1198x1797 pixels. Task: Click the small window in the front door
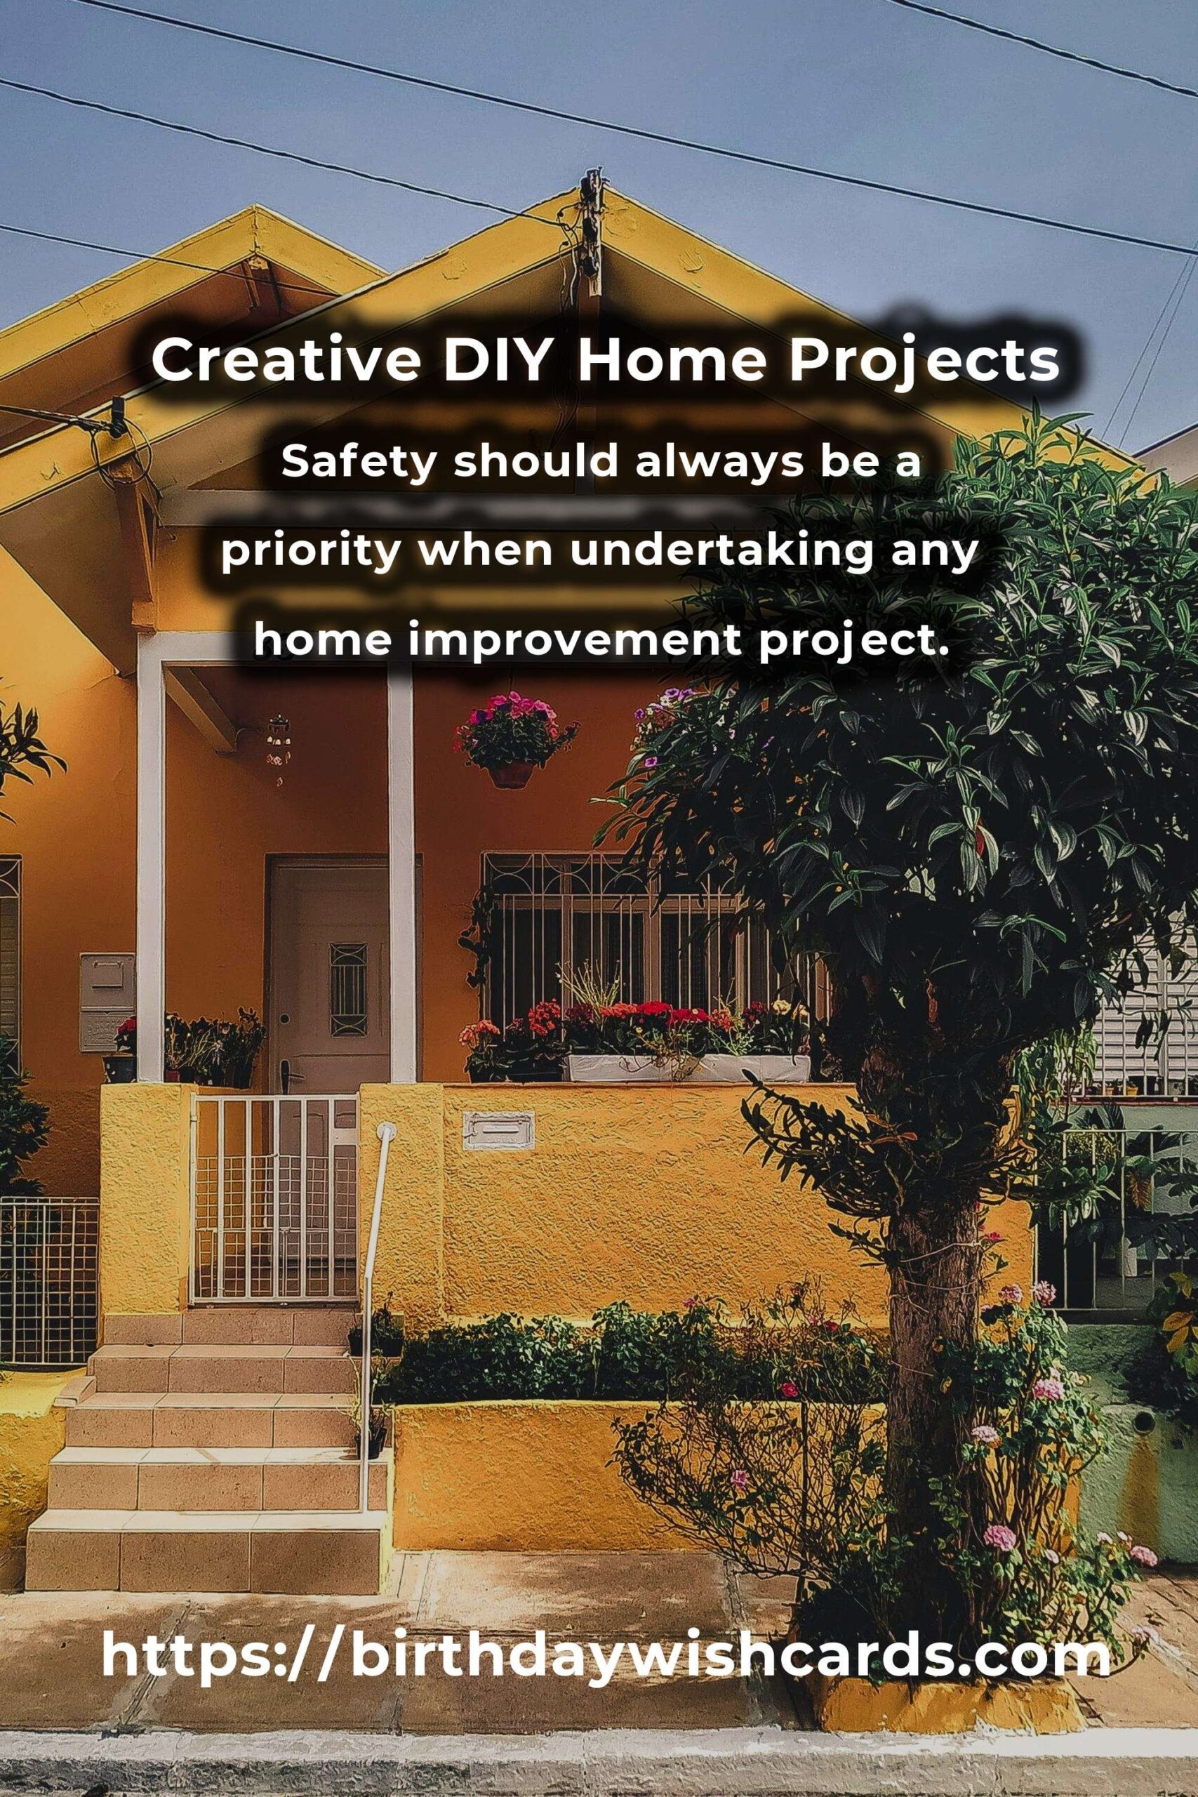(x=348, y=990)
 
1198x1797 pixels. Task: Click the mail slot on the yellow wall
(x=498, y=1131)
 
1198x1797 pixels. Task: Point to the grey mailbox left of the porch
(x=107, y=1002)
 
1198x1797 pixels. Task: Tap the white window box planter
(x=688, y=1068)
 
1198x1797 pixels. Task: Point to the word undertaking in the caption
(x=721, y=552)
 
